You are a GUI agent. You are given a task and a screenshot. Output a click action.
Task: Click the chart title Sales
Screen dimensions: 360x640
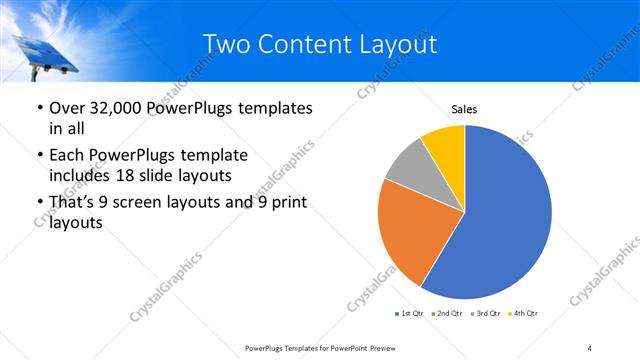[x=465, y=109]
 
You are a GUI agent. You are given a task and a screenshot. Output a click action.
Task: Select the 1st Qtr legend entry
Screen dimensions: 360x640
[x=411, y=314]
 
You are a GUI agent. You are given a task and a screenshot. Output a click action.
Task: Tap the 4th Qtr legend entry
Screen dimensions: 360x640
[x=524, y=314]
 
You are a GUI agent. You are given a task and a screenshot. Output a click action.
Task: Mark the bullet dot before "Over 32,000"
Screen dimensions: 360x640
[x=39, y=108]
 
